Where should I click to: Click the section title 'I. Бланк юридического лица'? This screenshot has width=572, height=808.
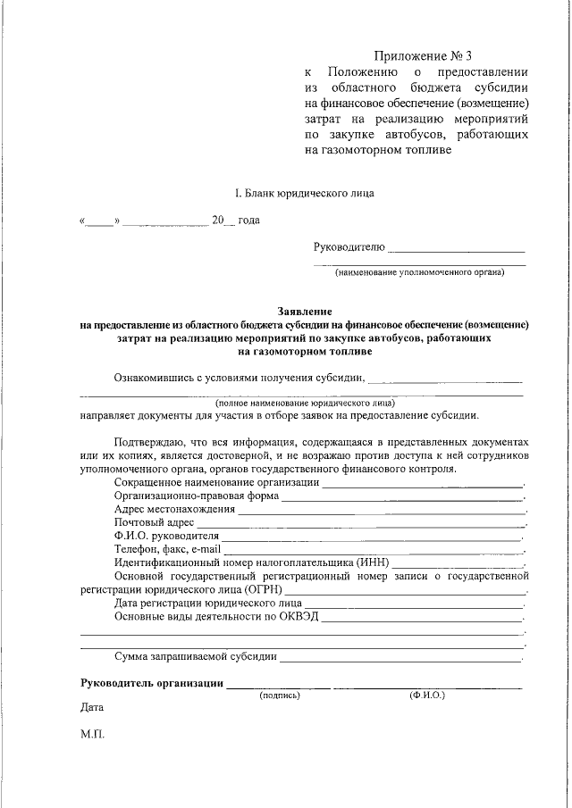tap(299, 192)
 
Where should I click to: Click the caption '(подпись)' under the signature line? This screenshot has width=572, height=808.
tap(279, 694)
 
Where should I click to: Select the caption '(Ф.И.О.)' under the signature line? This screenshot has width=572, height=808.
tap(427, 694)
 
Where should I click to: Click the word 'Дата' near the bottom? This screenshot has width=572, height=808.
tap(92, 708)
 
